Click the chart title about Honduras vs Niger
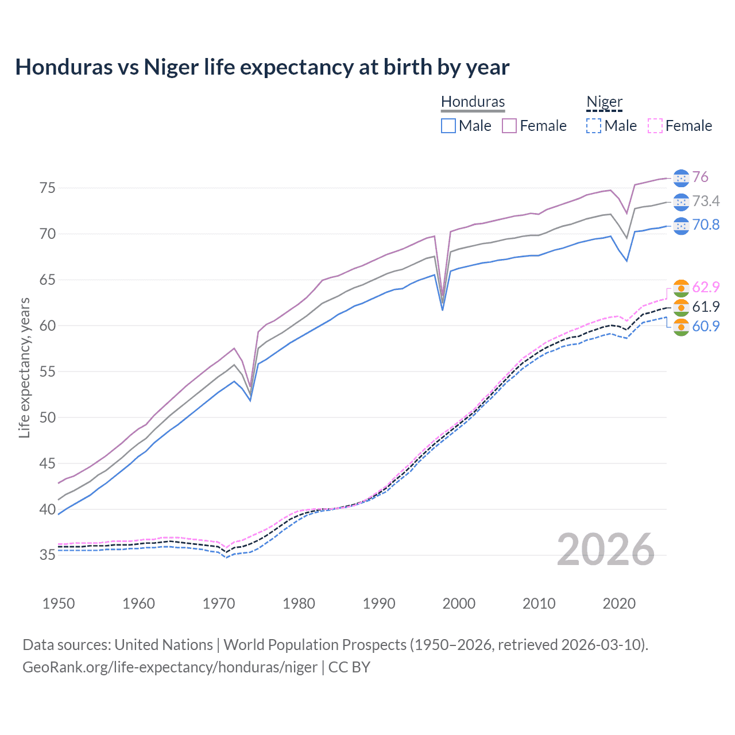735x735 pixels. [262, 67]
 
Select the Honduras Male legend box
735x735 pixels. [448, 126]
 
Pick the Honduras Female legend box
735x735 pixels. [509, 126]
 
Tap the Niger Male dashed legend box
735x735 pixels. [594, 126]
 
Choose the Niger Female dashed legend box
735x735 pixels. [655, 126]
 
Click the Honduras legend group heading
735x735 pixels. [473, 102]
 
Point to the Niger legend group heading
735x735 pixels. [604, 102]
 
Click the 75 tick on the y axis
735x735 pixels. [48, 188]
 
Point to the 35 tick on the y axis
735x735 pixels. [48, 555]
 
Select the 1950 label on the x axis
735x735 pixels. [59, 604]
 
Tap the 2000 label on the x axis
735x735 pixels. [459, 604]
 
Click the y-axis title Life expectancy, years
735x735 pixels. [24, 368]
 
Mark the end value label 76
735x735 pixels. [700, 177]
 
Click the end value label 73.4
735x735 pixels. [706, 201]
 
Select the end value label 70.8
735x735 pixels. [706, 225]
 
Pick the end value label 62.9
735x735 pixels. [706, 287]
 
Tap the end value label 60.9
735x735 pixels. [706, 326]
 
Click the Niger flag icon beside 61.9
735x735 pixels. [681, 307]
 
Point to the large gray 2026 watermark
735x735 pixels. [605, 550]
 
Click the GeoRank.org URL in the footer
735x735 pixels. [170, 667]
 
